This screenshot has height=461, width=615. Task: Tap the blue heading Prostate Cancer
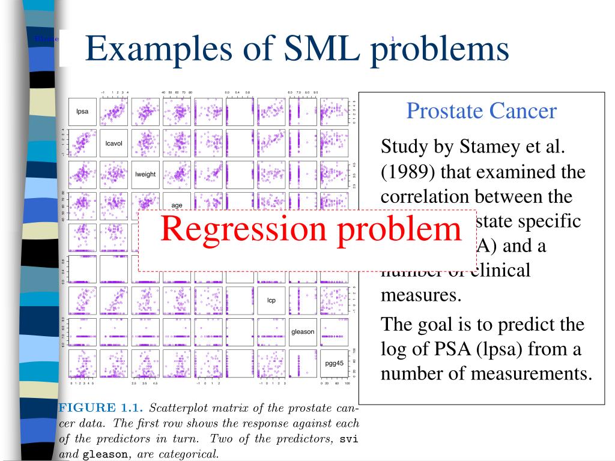(x=481, y=110)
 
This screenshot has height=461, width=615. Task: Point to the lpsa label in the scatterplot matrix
(x=82, y=112)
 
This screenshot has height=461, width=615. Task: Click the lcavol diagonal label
(x=114, y=143)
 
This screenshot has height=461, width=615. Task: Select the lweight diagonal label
(x=145, y=175)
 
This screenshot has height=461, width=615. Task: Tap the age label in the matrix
(x=177, y=205)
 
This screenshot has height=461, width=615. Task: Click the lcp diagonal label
(x=271, y=300)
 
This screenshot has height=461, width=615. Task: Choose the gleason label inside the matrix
(x=303, y=331)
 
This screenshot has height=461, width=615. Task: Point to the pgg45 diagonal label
(x=334, y=363)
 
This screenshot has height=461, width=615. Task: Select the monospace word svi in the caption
(x=349, y=439)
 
